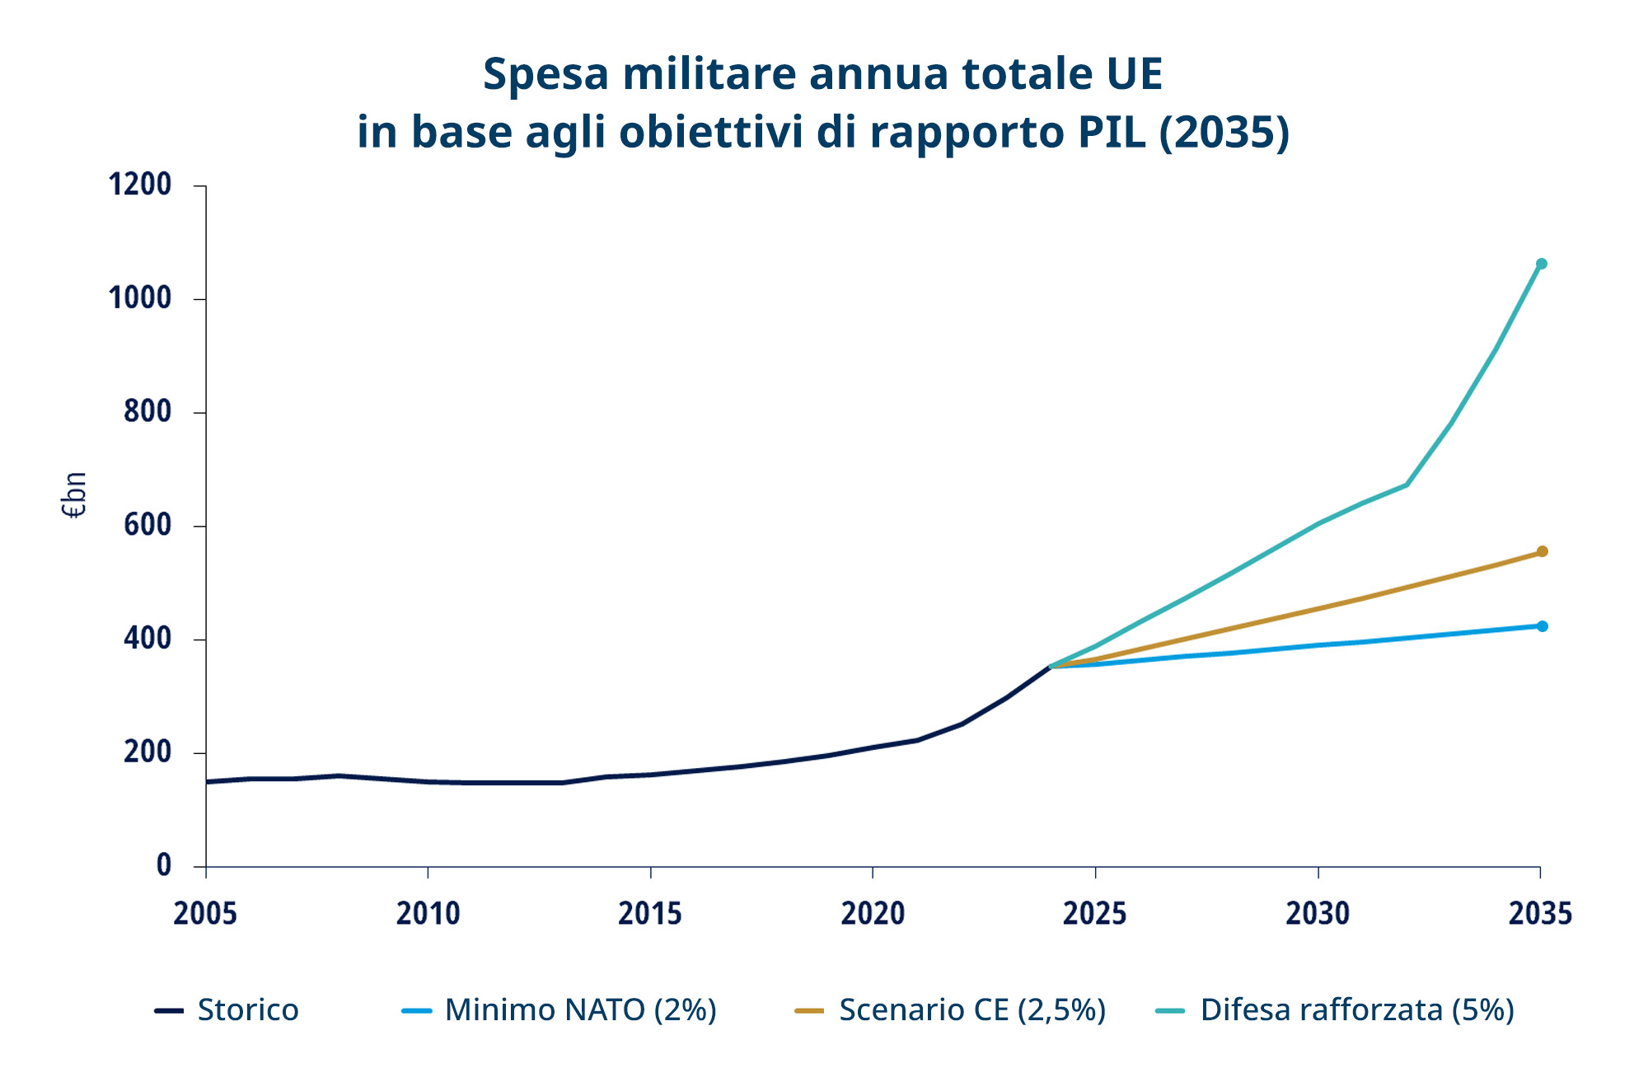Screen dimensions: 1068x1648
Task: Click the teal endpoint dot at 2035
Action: (x=1541, y=264)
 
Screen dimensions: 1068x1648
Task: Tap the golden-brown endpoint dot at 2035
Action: (x=1542, y=551)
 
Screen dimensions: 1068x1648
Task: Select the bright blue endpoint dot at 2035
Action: (x=1542, y=626)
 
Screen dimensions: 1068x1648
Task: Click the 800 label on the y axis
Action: (x=147, y=411)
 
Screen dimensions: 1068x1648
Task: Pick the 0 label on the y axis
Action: (x=164, y=865)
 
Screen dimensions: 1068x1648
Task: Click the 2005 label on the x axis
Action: (x=205, y=914)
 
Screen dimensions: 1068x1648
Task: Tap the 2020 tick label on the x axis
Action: (x=873, y=914)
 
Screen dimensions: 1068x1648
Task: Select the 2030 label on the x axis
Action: (x=1318, y=914)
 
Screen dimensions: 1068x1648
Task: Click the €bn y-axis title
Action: (x=74, y=495)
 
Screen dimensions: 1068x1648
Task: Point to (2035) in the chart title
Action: (x=1224, y=132)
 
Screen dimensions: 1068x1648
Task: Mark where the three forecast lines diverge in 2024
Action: (x=1051, y=666)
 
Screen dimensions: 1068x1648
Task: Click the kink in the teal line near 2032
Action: (x=1406, y=485)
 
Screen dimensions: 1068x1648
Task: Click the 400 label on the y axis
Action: (x=147, y=639)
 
